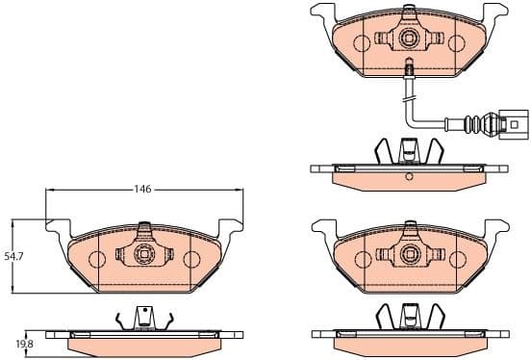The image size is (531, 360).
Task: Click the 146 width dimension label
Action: coord(142,190)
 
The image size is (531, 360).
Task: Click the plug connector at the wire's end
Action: coord(510,123)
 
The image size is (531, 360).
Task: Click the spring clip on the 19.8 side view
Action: coord(143,319)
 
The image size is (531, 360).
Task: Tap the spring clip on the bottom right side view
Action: coord(408,316)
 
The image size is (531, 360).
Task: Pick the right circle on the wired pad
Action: coord(454,42)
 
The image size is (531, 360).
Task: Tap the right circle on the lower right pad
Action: coord(454,257)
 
